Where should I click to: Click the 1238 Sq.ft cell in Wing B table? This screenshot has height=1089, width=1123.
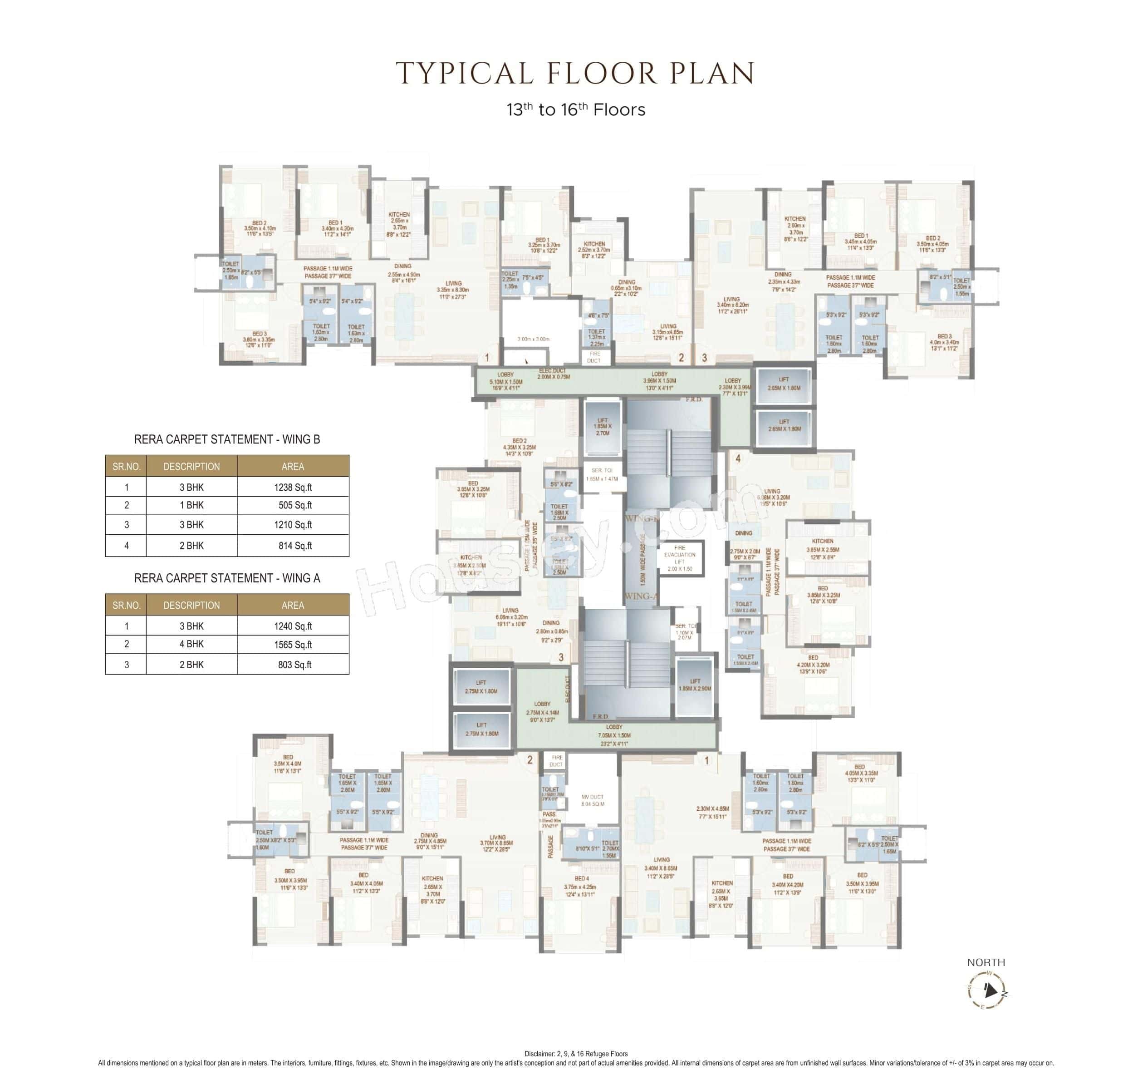point(293,487)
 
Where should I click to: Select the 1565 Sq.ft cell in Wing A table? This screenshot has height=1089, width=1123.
point(293,644)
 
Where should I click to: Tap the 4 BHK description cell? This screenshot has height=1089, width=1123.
point(191,644)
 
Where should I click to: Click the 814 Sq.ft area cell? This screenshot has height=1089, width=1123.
point(293,546)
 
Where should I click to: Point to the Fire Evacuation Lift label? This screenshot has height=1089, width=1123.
point(680,558)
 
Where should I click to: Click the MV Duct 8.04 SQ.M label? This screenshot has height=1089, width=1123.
point(593,800)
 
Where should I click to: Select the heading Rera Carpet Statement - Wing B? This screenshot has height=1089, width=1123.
point(227,439)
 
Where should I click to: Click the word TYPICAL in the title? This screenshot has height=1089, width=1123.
point(465,74)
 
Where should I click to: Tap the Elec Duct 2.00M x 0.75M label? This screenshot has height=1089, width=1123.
point(554,374)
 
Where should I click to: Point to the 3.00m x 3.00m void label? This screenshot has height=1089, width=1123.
point(533,339)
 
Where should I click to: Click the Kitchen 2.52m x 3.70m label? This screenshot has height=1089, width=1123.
point(595,250)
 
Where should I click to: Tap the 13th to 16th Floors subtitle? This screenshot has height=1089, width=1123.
point(575,110)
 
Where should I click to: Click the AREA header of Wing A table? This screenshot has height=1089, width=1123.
point(293,605)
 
